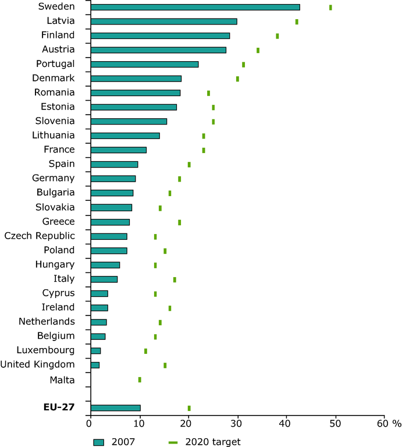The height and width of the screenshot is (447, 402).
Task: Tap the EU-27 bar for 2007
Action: coord(116,408)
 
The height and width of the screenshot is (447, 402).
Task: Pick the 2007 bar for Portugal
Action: coord(145,64)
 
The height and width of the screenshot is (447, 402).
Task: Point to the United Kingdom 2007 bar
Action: coord(95,365)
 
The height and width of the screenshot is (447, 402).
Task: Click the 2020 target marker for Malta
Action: coord(140,379)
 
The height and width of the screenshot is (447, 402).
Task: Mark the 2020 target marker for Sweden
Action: coord(330,8)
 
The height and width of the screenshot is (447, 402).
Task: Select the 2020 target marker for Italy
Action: coord(175,279)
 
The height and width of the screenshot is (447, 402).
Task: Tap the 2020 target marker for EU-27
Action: coord(189,408)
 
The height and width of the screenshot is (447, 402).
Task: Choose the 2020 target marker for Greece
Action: coord(179,222)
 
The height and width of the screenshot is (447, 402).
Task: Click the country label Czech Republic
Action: coord(40,236)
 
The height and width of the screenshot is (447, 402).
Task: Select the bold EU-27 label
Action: coord(59,407)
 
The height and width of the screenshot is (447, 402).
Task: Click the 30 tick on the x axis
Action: coord(237,423)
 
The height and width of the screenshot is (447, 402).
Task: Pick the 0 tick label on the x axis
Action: coord(90,423)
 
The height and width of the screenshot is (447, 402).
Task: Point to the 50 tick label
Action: coord(335,423)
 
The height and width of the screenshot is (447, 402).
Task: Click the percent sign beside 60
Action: coord(397,423)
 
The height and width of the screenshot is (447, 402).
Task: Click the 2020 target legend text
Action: coord(212,442)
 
